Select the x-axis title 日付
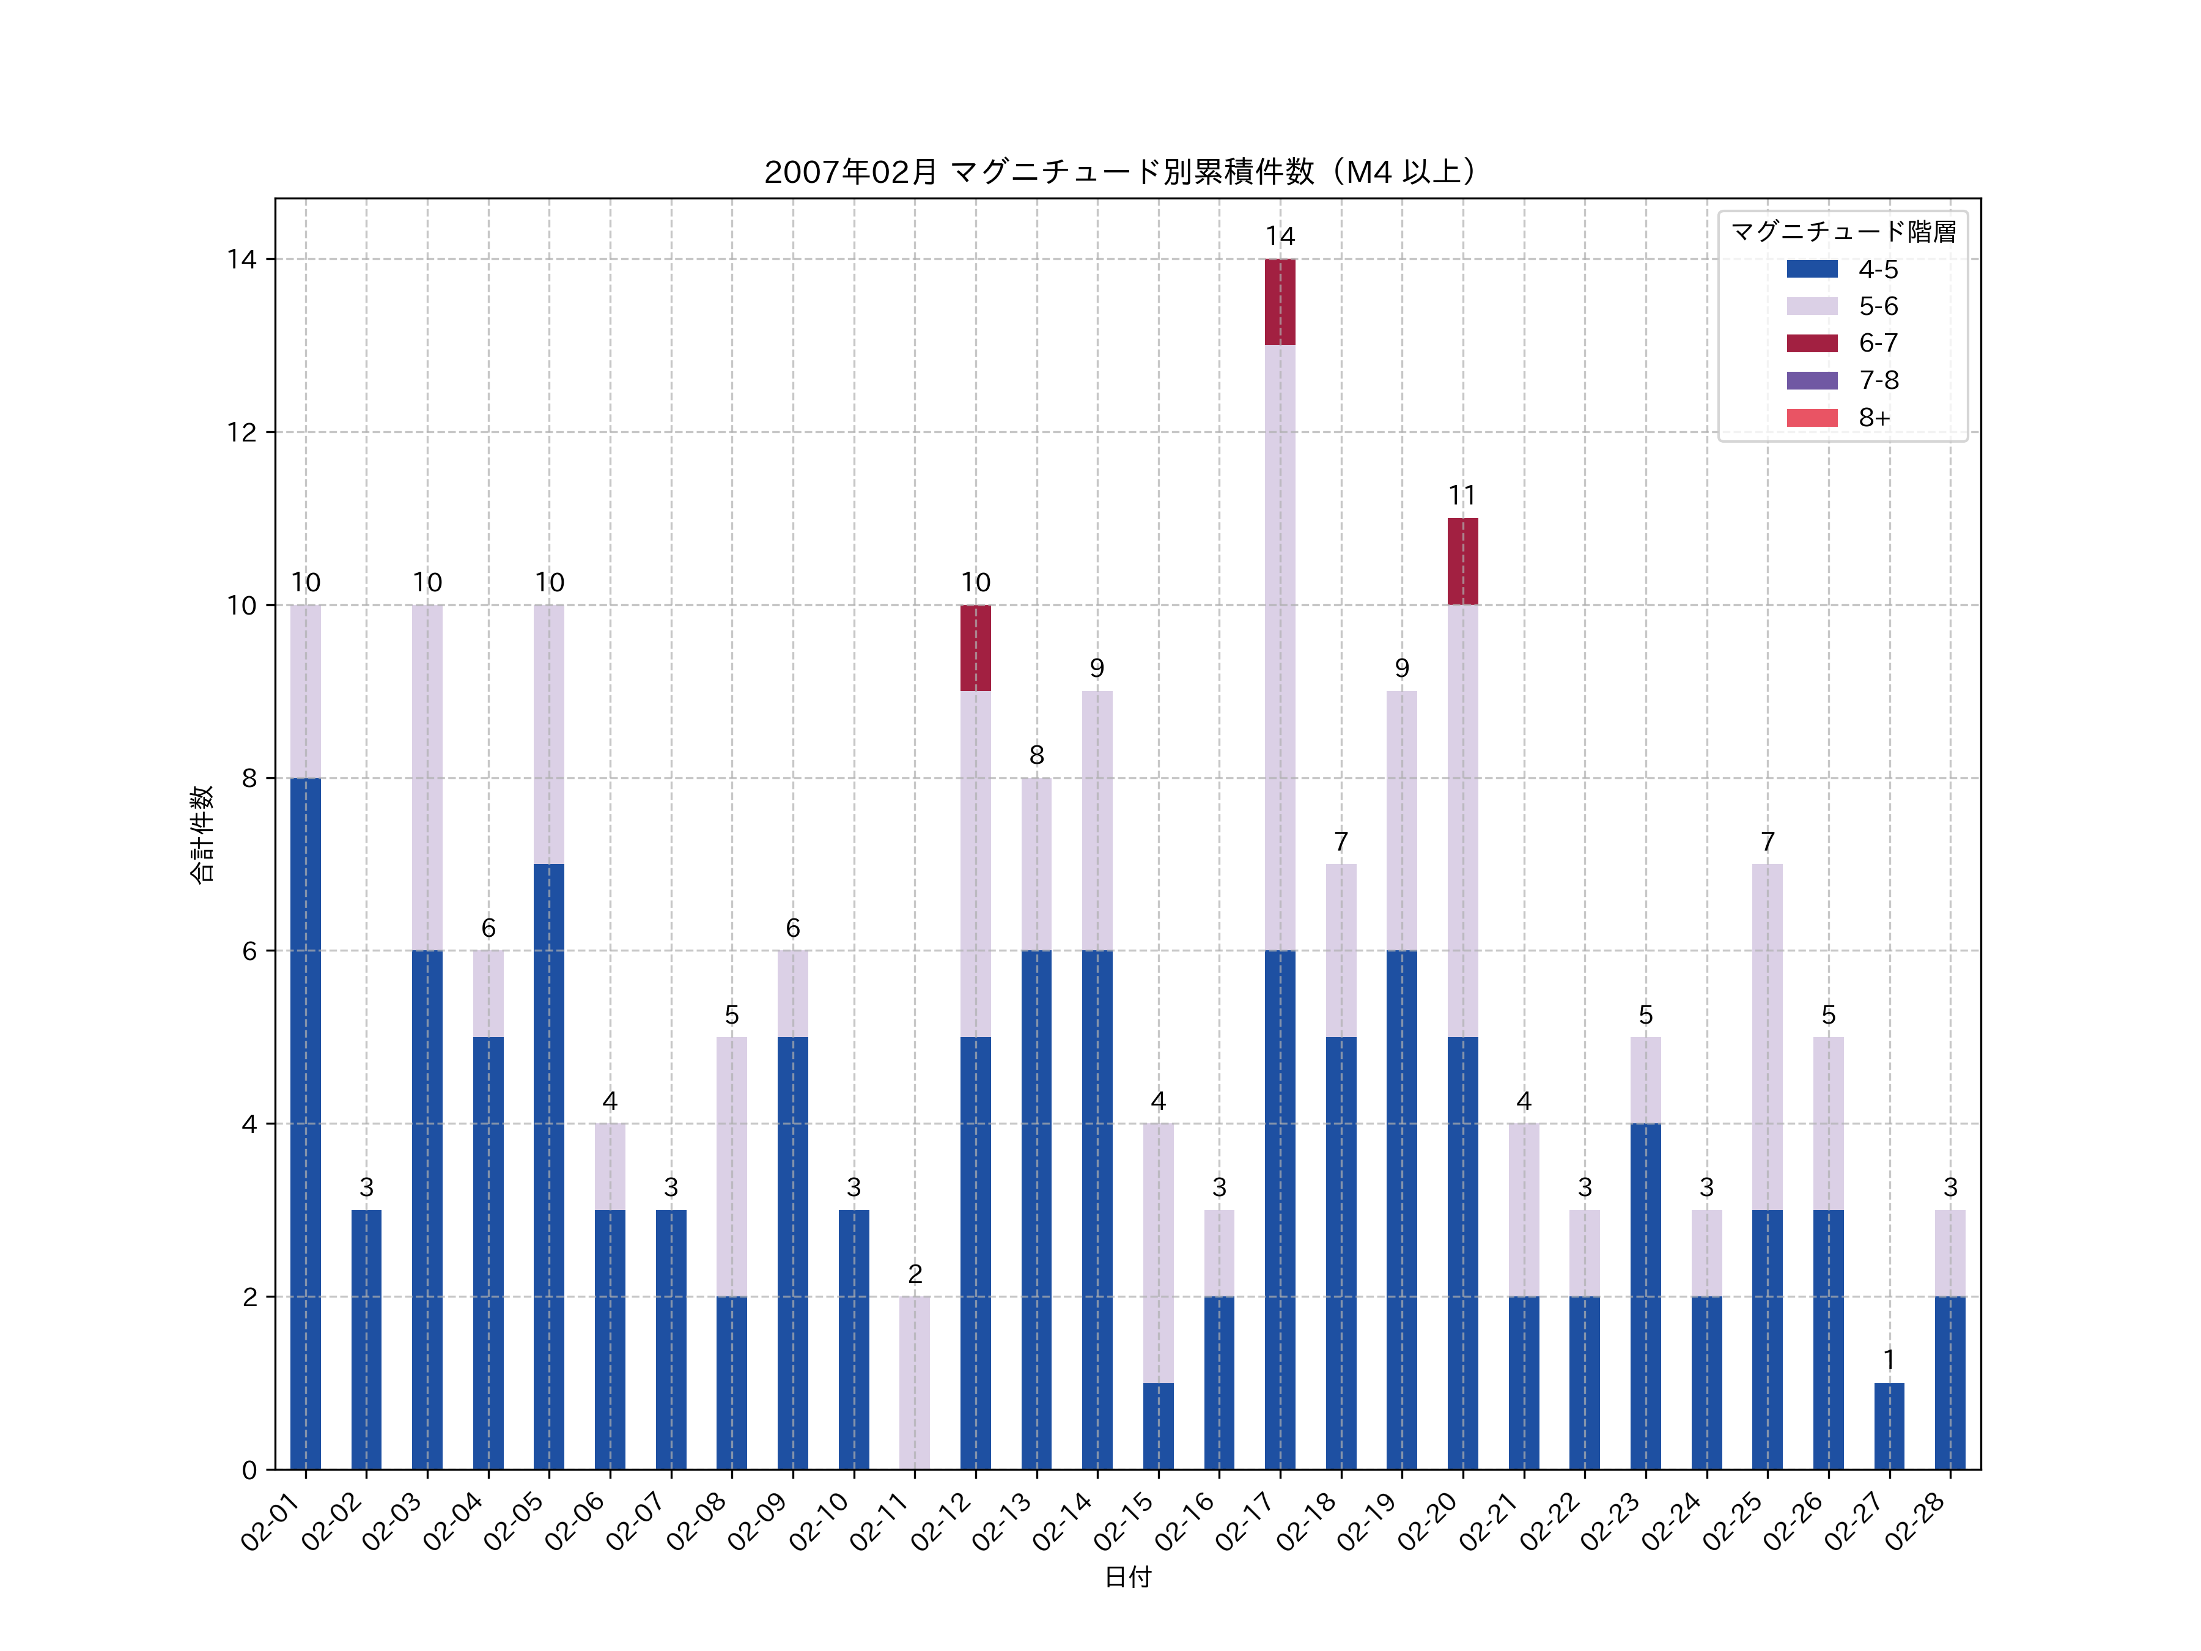[x=1127, y=1576]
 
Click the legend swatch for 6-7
[x=1812, y=343]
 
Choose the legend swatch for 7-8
[x=1812, y=380]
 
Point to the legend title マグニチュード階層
[x=1843, y=232]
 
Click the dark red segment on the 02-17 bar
[x=1280, y=301]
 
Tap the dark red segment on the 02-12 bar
[x=975, y=648]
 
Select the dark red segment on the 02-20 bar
[x=1462, y=561]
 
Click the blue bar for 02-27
[x=1889, y=1425]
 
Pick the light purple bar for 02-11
[x=915, y=1383]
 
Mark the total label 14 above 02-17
[x=1280, y=236]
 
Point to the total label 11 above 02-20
[x=1462, y=495]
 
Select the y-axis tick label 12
[x=241, y=432]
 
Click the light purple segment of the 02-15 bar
[x=1158, y=1253]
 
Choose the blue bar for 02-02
[x=366, y=1340]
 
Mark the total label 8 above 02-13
[x=1036, y=755]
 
